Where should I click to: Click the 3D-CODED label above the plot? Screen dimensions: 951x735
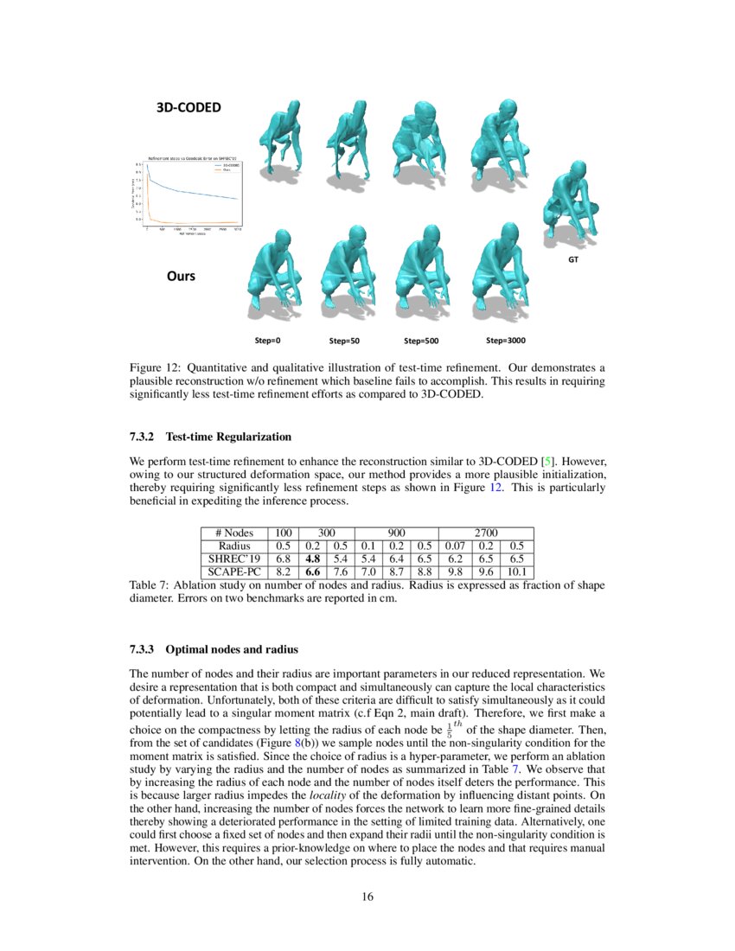point(188,108)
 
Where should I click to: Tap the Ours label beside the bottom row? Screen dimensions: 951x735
point(181,277)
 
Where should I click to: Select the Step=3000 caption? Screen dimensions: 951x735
point(506,340)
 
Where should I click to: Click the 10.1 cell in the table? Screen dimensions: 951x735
point(517,571)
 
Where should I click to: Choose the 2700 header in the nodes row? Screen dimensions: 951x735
point(486,533)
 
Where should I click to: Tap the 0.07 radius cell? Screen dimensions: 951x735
point(454,546)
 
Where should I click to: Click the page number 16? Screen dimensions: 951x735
point(367,897)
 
